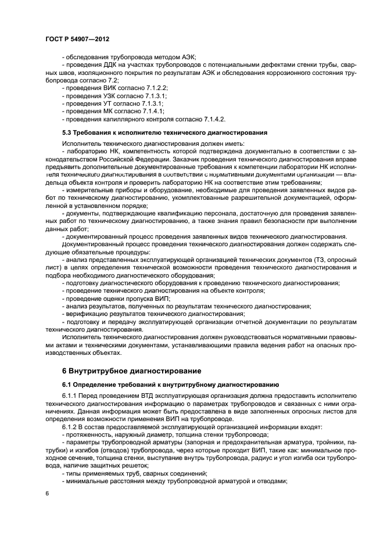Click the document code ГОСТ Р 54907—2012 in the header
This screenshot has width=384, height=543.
77,38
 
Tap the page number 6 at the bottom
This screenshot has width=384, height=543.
47,493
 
